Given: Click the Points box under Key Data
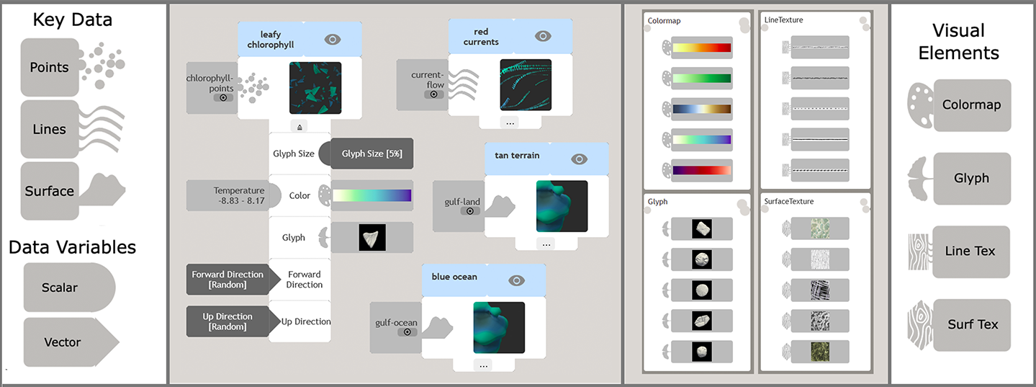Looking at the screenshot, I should [x=50, y=67].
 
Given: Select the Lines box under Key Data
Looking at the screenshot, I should [x=50, y=129].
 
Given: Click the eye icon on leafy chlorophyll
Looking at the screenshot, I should [x=332, y=39].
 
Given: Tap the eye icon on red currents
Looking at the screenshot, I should [x=543, y=36].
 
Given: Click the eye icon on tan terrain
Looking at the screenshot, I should [x=580, y=159].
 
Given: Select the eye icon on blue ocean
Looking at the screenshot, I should [x=516, y=280].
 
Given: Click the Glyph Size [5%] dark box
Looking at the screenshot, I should [x=371, y=154].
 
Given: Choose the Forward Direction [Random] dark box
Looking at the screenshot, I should [x=228, y=280].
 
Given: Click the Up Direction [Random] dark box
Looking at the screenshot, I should [x=228, y=321].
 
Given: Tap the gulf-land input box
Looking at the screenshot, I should [x=459, y=206].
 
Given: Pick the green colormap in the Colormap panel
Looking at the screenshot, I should [x=701, y=78].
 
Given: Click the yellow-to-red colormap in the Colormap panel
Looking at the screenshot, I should [x=701, y=48].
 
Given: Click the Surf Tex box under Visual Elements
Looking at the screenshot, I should [x=973, y=324].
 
